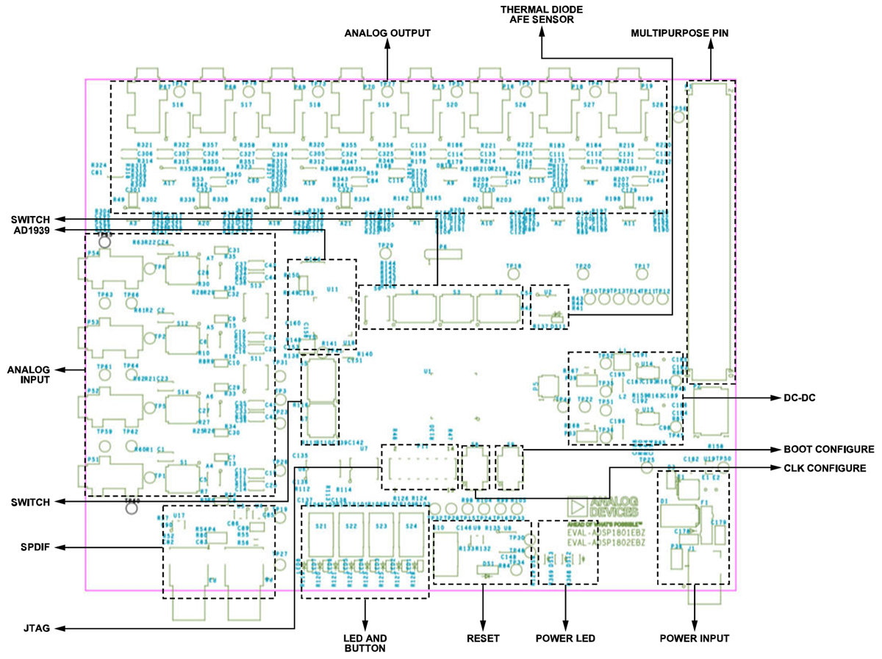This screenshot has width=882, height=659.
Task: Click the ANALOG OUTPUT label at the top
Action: [387, 33]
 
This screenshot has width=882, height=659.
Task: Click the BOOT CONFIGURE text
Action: [829, 449]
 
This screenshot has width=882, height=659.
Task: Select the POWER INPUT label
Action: [695, 638]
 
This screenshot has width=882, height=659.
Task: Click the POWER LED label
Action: [565, 638]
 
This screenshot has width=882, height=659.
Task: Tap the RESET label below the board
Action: [483, 638]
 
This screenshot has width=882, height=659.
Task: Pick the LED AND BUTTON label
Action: [365, 644]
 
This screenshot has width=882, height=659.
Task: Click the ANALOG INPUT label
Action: [30, 374]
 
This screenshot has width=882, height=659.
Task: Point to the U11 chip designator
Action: [332, 290]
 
